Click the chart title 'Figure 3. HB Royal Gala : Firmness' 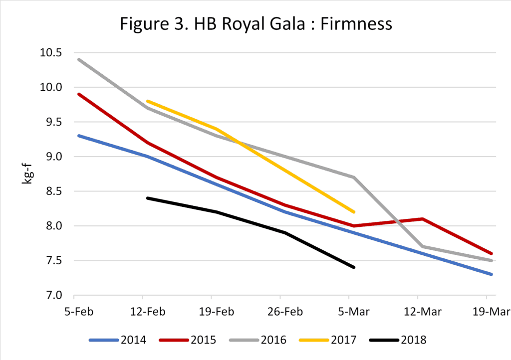(255, 24)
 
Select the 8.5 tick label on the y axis (60, 191)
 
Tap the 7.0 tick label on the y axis (60, 296)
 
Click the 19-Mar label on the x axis (492, 312)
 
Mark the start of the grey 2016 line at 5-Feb (78, 59)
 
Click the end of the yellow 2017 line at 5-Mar (354, 212)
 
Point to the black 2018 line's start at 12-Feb (147, 198)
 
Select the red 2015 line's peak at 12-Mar (423, 218)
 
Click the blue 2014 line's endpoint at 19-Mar (492, 274)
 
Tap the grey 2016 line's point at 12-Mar (423, 246)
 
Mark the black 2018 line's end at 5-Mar (354, 267)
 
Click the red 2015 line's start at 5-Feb (78, 94)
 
